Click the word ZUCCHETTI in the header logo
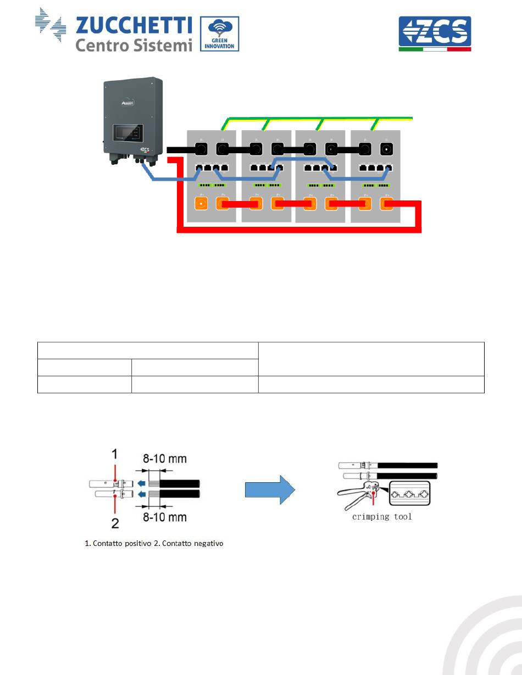[134, 25]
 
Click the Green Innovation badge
[219, 34]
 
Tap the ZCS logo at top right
[434, 34]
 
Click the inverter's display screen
[127, 132]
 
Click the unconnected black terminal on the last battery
[387, 149]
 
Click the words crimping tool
[382, 517]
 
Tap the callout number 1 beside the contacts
[115, 455]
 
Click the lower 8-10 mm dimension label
[164, 517]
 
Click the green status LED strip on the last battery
[376, 185]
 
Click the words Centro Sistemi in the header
[134, 45]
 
